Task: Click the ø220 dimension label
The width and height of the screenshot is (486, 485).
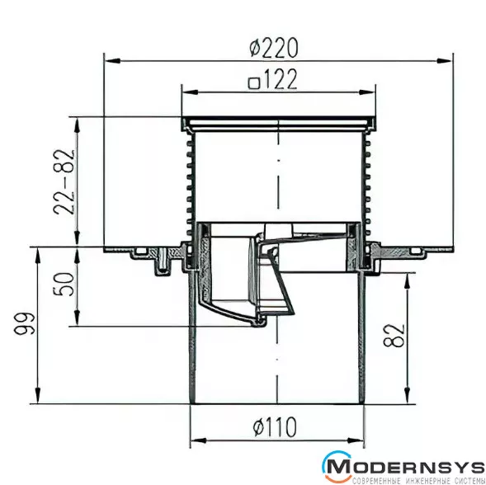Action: click(x=274, y=48)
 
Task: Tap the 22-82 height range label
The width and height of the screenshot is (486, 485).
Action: click(x=64, y=182)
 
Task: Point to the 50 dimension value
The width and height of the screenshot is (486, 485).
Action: click(x=64, y=284)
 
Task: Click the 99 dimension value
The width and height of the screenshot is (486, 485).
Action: click(x=25, y=324)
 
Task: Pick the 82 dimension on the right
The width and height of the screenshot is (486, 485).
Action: click(x=394, y=336)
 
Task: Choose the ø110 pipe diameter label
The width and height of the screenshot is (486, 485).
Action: click(x=275, y=426)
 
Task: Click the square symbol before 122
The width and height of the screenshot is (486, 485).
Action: click(x=254, y=83)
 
